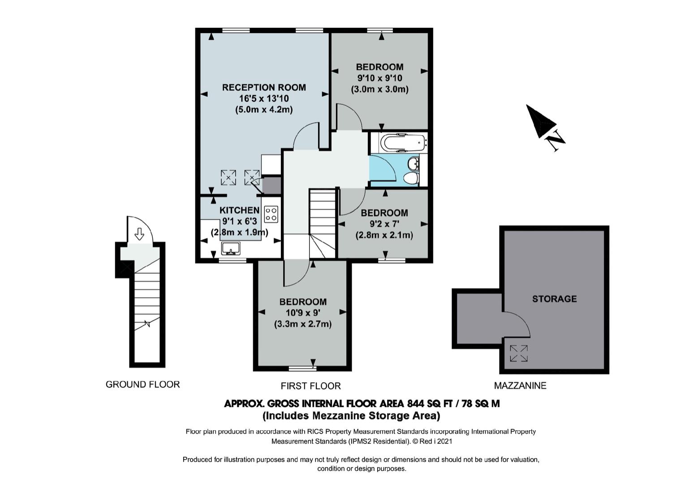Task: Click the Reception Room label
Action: [x=264, y=87]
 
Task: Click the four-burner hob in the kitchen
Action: [x=271, y=214]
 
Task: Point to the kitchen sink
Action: [x=231, y=248]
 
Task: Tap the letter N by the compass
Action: [x=556, y=141]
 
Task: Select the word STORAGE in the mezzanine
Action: [x=555, y=299]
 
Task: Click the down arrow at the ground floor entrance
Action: [x=139, y=234]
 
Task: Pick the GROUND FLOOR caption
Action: [x=142, y=384]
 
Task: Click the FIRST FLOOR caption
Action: [x=311, y=386]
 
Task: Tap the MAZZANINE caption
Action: [x=520, y=385]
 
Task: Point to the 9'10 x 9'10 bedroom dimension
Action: [x=380, y=78]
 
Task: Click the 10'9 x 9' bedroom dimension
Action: [x=303, y=313]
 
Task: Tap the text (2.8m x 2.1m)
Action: [x=384, y=235]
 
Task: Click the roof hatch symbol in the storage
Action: [x=519, y=353]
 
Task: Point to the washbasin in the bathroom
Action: [x=414, y=163]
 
